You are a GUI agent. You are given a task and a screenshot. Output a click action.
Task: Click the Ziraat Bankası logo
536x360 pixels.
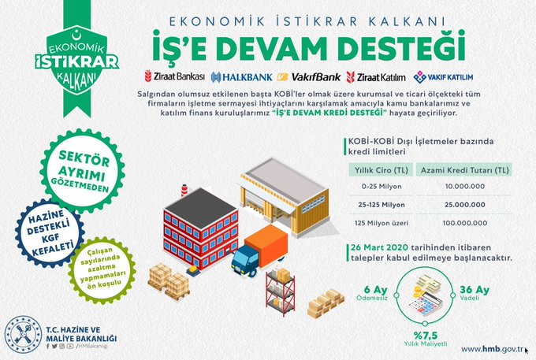pyautogui.click(x=175, y=76)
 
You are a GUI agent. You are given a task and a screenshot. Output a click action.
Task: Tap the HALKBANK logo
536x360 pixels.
pyautogui.click(x=242, y=77)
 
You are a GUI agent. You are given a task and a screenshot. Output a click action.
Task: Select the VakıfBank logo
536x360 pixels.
pyautogui.click(x=309, y=77)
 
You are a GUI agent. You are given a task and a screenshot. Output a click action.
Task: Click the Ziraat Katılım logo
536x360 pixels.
pyautogui.click(x=376, y=77)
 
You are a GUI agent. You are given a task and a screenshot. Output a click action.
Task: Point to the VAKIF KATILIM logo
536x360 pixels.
pyautogui.click(x=443, y=77)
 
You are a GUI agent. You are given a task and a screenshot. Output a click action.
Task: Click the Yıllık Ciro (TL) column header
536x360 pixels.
pyautogui.click(x=382, y=169)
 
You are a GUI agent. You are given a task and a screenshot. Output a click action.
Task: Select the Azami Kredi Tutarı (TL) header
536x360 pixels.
pyautogui.click(x=464, y=169)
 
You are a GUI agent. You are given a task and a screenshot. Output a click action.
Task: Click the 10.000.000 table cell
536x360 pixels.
pyautogui.click(x=465, y=187)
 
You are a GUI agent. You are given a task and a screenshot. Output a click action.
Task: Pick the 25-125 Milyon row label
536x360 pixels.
pyautogui.click(x=382, y=205)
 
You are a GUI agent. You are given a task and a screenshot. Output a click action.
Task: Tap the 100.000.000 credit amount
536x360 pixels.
pyautogui.click(x=465, y=223)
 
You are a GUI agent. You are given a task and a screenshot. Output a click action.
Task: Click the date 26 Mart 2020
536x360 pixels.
pyautogui.click(x=379, y=247)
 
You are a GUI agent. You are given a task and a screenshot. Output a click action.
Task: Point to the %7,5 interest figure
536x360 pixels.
pyautogui.click(x=425, y=335)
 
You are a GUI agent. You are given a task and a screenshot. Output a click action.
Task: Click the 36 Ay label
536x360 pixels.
pyautogui.click(x=475, y=290)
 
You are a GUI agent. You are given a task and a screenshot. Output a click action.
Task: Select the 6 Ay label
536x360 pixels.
pyautogui.click(x=375, y=290)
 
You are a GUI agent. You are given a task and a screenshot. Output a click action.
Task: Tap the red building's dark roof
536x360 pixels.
pyautogui.click(x=200, y=207)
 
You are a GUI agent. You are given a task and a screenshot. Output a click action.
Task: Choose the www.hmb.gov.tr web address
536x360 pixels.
pyautogui.click(x=492, y=349)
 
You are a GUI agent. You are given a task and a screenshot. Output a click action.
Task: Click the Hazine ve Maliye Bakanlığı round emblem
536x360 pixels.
pyautogui.click(x=23, y=335)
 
